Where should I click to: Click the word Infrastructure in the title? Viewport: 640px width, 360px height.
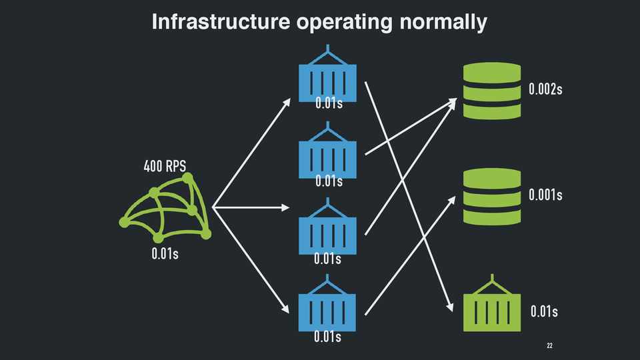point(221,22)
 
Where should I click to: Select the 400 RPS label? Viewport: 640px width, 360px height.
point(165,166)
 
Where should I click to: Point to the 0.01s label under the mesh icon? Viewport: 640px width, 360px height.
point(165,254)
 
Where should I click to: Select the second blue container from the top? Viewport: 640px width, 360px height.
point(327,156)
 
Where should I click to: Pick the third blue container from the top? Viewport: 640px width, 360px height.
point(327,233)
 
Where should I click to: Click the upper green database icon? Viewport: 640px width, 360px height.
point(491,90)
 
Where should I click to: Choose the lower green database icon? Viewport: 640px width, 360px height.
point(491,196)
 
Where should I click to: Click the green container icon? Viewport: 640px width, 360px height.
point(492,308)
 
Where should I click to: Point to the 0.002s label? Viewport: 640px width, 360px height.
point(545,89)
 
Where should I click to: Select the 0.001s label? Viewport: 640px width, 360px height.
point(545,195)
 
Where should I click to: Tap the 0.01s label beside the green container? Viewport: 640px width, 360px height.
point(544,311)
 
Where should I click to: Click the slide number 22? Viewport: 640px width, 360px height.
point(550,346)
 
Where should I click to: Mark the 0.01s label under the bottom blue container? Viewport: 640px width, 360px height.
point(327,337)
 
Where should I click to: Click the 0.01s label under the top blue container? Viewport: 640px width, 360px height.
point(329,103)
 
